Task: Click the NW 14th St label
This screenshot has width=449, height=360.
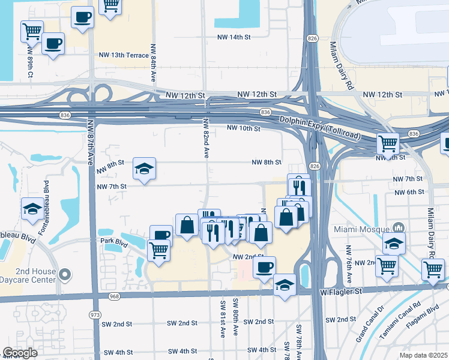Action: [233, 37]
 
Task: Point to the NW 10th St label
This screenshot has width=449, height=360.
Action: [243, 128]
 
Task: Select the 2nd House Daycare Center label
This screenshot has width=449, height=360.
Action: [28, 275]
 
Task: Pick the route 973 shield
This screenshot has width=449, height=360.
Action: [95, 314]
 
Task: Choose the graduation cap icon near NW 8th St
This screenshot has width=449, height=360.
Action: [144, 169]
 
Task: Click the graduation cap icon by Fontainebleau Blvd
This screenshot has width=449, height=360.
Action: [32, 208]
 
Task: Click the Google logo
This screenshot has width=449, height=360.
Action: [20, 353]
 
